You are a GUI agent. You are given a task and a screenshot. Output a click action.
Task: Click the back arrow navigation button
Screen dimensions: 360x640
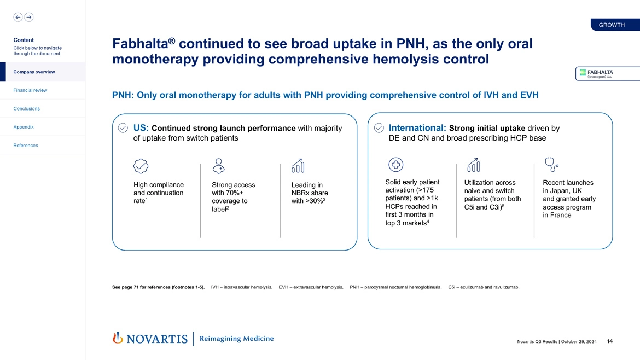[x=18, y=17]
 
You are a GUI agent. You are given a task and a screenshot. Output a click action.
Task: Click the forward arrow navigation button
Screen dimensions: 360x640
[x=28, y=17]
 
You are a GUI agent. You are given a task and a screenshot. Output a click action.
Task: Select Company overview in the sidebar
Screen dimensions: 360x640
[x=34, y=72]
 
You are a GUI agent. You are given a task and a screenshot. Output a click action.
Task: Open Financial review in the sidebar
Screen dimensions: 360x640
[x=30, y=90]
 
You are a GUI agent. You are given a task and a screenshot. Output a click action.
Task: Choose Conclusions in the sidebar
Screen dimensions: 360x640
[x=26, y=108]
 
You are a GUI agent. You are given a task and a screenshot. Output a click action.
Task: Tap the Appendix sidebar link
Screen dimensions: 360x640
[x=24, y=127]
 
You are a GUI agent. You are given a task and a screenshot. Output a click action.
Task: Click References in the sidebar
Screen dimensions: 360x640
[x=26, y=146]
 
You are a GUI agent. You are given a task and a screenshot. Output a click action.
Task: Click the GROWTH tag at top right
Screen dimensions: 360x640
[x=612, y=25]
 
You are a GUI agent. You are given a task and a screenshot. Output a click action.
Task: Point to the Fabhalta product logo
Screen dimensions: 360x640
[x=599, y=73]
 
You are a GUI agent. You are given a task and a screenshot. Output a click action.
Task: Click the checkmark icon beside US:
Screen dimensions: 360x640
[x=124, y=128]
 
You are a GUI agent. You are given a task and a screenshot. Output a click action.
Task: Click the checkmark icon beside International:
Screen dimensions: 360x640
[x=379, y=128]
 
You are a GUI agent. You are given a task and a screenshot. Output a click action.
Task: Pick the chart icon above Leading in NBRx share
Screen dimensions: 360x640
[x=298, y=165]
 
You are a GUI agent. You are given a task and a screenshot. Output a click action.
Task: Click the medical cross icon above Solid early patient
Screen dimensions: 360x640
[x=395, y=164]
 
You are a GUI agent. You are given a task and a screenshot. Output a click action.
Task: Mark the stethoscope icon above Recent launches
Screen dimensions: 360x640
[x=551, y=164]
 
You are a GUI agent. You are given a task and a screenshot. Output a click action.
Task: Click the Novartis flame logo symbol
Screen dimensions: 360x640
[x=117, y=338]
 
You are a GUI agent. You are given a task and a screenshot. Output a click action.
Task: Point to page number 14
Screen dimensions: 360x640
[x=609, y=342]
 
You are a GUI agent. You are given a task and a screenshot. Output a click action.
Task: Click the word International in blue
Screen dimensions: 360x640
[x=417, y=128]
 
